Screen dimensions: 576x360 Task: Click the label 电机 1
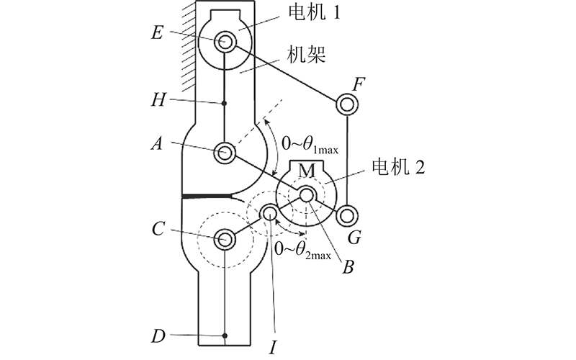314,13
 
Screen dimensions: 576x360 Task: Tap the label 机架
306,55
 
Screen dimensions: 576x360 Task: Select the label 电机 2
398,167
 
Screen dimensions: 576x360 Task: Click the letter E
157,32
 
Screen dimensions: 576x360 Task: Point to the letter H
158,100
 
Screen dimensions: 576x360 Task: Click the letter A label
157,143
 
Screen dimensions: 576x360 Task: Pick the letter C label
158,229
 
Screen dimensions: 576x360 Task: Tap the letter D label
158,336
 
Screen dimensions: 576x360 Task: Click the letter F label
358,84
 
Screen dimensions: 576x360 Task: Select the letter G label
354,238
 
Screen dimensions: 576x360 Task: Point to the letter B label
348,267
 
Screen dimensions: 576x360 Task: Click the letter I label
273,347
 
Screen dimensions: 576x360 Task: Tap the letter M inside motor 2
307,171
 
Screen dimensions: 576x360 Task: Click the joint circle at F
347,104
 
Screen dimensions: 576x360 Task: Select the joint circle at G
347,215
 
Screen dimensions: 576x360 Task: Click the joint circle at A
225,153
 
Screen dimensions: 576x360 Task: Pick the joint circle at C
225,239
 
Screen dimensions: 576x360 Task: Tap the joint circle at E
225,41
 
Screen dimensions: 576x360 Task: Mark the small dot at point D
225,336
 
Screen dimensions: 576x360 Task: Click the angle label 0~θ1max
310,144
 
